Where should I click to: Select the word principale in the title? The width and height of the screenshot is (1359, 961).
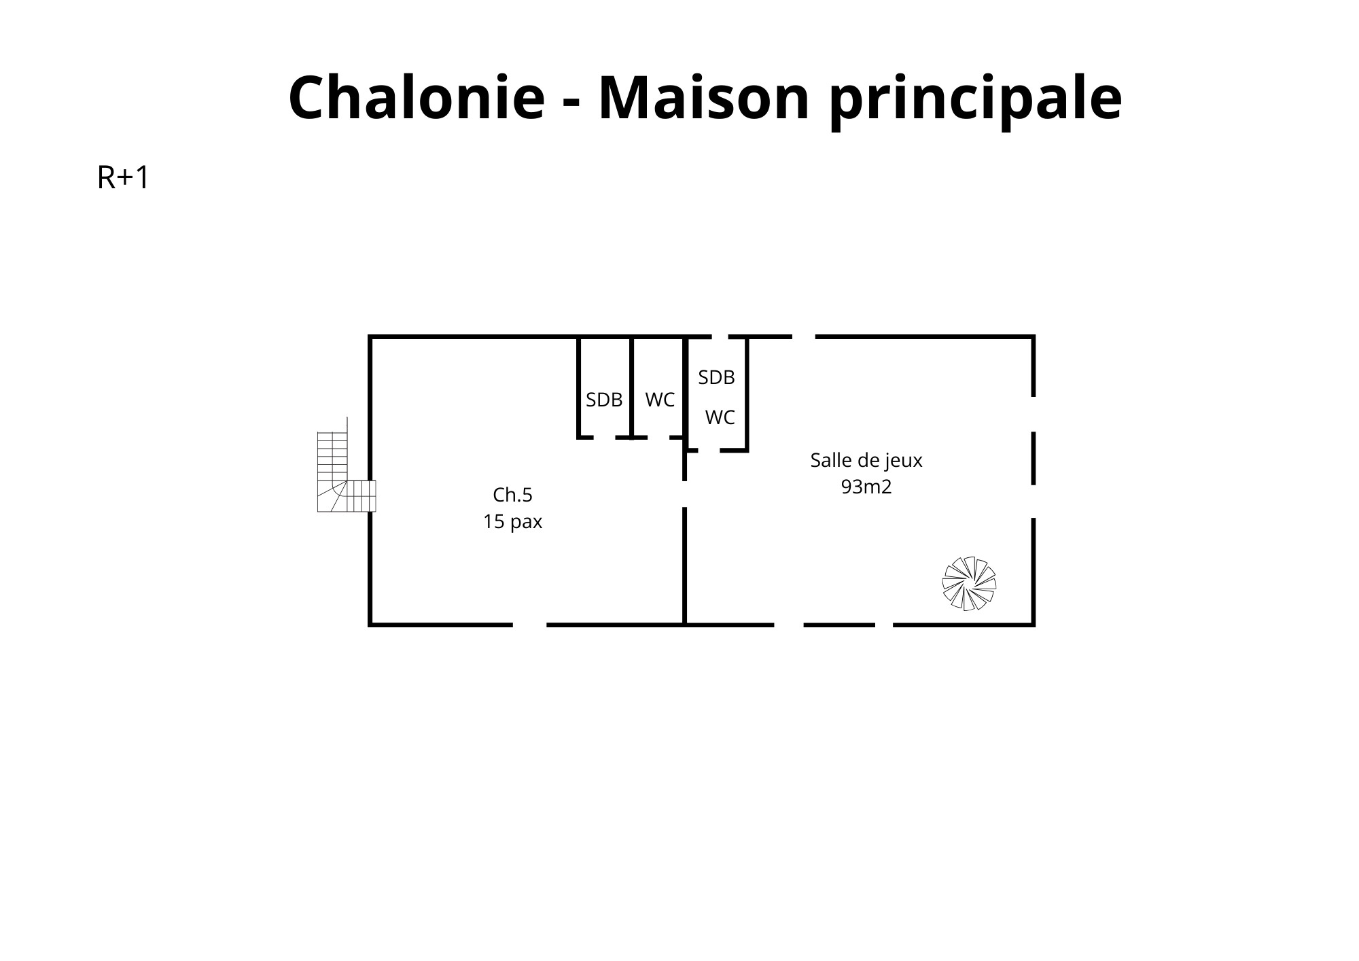pyautogui.click(x=976, y=101)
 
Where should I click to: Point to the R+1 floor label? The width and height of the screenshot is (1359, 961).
pyautogui.click(x=123, y=178)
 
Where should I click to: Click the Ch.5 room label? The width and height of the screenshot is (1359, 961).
pyautogui.click(x=512, y=495)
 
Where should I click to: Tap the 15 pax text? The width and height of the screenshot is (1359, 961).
pyautogui.click(x=512, y=522)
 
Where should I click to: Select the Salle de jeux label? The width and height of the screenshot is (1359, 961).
pyautogui.click(x=866, y=461)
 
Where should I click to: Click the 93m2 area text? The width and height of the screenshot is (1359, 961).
pyautogui.click(x=866, y=487)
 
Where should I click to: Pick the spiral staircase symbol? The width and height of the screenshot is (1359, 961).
pyautogui.click(x=969, y=584)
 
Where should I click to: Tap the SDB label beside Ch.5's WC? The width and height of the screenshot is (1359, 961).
pyautogui.click(x=604, y=400)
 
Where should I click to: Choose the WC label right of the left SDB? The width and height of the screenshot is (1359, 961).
pyautogui.click(x=660, y=400)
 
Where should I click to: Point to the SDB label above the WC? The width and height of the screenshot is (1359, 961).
pyautogui.click(x=717, y=378)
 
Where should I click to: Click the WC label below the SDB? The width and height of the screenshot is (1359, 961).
pyautogui.click(x=720, y=418)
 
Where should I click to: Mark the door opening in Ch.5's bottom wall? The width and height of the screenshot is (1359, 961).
pyautogui.click(x=530, y=624)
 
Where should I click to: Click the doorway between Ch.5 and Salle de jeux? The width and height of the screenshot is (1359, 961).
pyautogui.click(x=684, y=494)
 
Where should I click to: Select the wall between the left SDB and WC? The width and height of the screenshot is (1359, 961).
pyautogui.click(x=631, y=387)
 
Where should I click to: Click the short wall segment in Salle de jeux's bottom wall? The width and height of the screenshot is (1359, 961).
pyautogui.click(x=839, y=625)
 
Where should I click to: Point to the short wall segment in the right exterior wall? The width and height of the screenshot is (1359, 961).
pyautogui.click(x=1034, y=458)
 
